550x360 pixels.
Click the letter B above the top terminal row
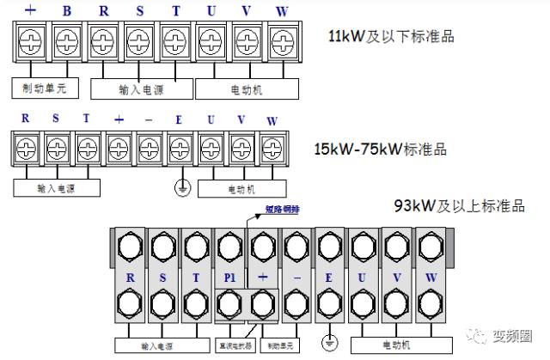66,12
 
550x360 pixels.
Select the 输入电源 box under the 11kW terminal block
140,88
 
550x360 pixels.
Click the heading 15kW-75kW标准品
380,149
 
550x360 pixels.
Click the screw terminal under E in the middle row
178,147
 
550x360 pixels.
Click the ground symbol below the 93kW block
327,343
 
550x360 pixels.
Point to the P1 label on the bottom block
229,278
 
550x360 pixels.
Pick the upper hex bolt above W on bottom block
431,247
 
